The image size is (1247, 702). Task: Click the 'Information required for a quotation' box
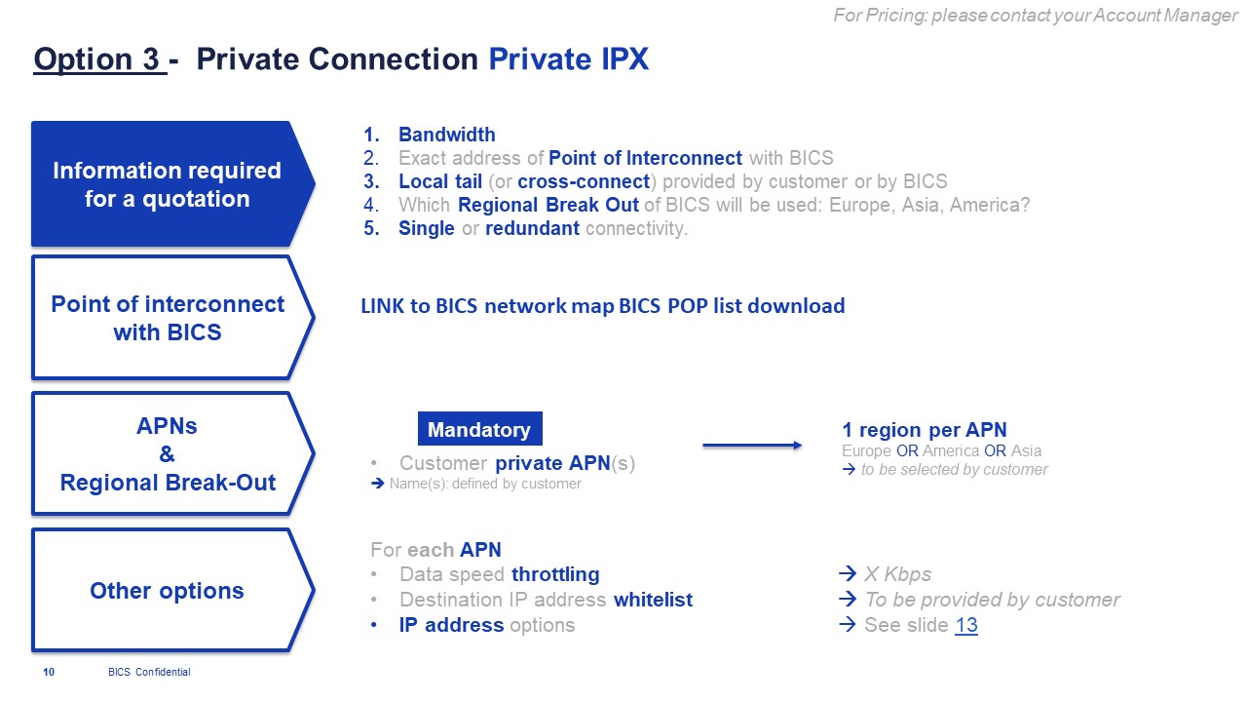[167, 184]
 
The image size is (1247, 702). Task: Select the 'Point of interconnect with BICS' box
[167, 318]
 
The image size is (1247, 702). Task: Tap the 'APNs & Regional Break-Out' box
[167, 454]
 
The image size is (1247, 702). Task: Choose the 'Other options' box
[167, 591]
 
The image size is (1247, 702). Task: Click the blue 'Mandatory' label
[479, 429]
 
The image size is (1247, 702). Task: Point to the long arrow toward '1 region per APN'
[752, 446]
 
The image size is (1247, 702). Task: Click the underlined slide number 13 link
[966, 625]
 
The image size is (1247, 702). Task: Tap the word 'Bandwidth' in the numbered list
[446, 135]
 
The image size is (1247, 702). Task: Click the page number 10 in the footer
[49, 672]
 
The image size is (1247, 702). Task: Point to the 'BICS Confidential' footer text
[149, 672]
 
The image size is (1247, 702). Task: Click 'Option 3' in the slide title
[97, 59]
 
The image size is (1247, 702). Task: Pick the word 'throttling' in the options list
[555, 574]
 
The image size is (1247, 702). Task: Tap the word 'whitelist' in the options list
[653, 600]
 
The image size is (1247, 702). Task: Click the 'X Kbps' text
[896, 574]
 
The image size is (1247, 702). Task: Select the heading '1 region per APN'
[924, 430]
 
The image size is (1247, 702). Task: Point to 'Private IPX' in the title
[568, 59]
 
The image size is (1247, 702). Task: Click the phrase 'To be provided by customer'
[992, 600]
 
